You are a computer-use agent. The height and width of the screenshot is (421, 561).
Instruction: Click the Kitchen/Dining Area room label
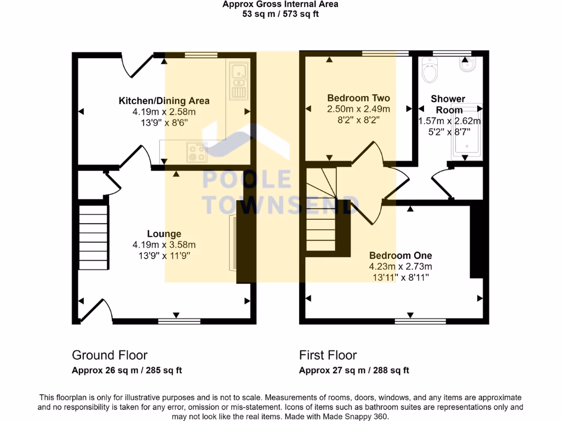164,101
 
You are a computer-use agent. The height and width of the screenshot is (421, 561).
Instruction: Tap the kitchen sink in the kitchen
238,81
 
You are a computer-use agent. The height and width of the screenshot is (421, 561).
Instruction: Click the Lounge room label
164,234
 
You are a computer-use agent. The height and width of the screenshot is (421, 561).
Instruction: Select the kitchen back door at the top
137,65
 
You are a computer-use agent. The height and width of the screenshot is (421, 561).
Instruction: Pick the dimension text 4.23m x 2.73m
400,266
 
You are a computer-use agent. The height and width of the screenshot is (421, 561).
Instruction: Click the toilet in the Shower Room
429,70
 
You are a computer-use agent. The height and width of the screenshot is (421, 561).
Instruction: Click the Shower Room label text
448,104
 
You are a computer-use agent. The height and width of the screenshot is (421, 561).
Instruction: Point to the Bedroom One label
400,255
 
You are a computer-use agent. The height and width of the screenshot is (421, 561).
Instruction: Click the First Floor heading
328,355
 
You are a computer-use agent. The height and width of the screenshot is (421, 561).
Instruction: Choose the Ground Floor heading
110,355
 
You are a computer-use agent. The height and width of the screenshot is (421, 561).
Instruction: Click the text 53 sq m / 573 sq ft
280,14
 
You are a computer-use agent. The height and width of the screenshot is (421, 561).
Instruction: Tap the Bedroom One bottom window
412,321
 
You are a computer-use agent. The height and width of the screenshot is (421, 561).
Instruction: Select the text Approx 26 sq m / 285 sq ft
127,371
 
